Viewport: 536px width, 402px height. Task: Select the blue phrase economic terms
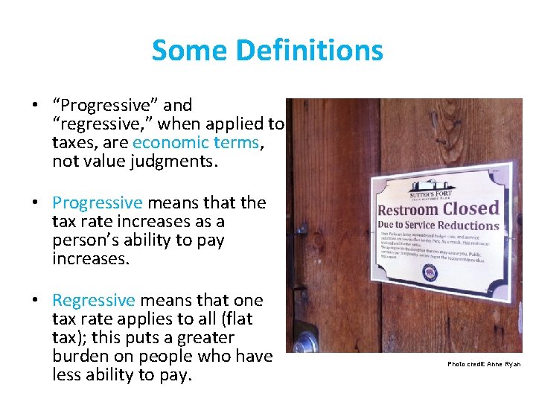(x=196, y=142)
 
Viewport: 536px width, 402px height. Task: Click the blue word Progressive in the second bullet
(x=97, y=202)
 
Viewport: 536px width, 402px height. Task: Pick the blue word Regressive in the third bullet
(x=94, y=300)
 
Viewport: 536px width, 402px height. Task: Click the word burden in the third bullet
(x=84, y=356)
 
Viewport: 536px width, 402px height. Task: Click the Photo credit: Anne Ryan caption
(x=484, y=364)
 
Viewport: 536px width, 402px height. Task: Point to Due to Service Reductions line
(x=439, y=226)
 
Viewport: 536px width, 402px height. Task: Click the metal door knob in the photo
(x=304, y=343)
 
